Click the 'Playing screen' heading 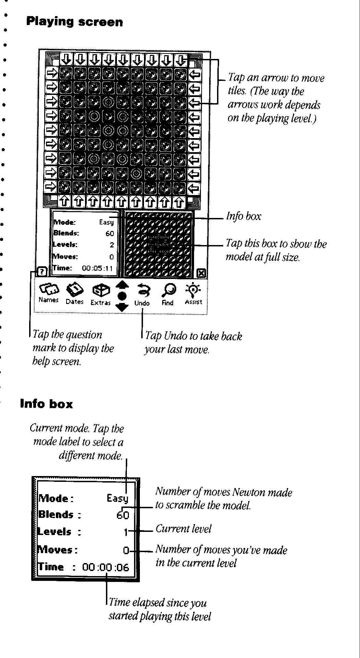[74, 22]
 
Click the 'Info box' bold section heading [46, 404]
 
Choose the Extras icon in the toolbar [101, 291]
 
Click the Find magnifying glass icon [168, 291]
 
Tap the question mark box [42, 272]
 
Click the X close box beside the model [202, 273]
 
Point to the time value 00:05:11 [97, 268]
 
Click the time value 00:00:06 [106, 567]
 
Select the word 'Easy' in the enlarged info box [117, 498]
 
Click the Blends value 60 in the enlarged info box [123, 515]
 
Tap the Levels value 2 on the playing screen [111, 245]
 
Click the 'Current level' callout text [183, 529]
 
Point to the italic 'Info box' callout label [243, 216]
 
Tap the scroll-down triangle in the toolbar [122, 307]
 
